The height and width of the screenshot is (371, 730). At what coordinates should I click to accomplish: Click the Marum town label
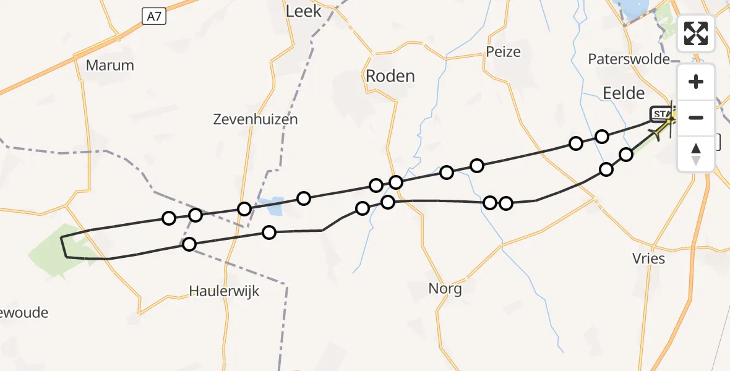[x=109, y=65]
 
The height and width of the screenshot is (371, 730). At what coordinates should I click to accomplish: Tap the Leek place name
[x=303, y=11]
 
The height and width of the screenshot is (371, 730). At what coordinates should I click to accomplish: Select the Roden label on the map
[x=390, y=76]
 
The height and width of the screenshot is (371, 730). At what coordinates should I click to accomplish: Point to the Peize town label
[x=503, y=51]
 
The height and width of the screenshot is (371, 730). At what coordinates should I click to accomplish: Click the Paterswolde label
[x=629, y=59]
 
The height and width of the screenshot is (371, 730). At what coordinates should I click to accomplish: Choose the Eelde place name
[x=623, y=93]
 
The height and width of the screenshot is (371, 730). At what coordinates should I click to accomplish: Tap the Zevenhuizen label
[x=255, y=119]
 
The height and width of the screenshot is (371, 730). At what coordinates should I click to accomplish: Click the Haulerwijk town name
[x=224, y=291]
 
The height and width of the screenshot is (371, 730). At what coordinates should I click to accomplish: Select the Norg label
[x=445, y=288]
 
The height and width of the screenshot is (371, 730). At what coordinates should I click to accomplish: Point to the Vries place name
[x=648, y=258]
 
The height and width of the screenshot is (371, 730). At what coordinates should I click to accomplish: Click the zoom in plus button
[x=696, y=82]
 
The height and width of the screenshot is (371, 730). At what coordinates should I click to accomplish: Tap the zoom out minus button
[x=696, y=117]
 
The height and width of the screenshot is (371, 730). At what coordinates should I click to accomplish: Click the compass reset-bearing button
[x=696, y=153]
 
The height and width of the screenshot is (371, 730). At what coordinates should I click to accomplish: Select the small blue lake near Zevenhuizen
[x=273, y=206]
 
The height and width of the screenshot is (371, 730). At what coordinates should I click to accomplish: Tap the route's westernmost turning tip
[x=61, y=238]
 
